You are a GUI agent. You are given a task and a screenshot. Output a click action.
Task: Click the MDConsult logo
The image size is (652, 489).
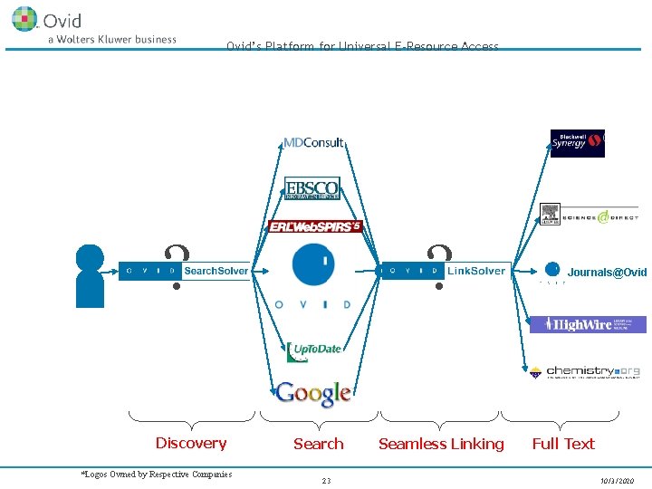(x=313, y=142)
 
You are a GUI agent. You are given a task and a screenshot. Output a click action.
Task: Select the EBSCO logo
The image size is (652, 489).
(x=312, y=187)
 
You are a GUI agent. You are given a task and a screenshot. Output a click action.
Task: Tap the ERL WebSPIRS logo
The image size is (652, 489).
(x=315, y=226)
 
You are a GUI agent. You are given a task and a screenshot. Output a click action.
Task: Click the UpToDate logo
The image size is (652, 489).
(x=313, y=350)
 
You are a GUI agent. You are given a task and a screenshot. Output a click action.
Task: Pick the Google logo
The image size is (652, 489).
(x=313, y=393)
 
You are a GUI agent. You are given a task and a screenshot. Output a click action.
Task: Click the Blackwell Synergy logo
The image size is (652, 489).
(x=577, y=143)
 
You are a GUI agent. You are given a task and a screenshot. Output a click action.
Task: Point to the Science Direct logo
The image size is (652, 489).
(x=589, y=216)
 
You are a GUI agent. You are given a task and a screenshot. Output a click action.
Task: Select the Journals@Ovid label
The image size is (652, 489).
(x=607, y=272)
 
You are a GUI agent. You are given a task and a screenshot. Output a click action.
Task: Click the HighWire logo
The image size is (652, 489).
(x=588, y=324)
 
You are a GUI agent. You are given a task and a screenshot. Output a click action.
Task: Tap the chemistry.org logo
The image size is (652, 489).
(x=585, y=371)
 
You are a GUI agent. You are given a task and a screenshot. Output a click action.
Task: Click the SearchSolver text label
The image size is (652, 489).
(x=216, y=271)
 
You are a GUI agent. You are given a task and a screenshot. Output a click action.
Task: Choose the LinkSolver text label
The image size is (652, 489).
(x=476, y=271)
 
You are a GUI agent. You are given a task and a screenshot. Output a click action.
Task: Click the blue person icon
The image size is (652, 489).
(x=90, y=275)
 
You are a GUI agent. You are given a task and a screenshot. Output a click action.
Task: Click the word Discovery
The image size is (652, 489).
(x=190, y=443)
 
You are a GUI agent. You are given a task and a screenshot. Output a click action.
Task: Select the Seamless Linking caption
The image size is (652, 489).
(x=441, y=444)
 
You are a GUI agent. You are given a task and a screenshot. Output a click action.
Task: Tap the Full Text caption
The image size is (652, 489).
(x=563, y=444)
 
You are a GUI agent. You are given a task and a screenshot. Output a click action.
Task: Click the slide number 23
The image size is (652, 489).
(x=326, y=481)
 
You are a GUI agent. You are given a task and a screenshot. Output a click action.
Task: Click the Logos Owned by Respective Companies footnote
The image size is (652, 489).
(x=157, y=474)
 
